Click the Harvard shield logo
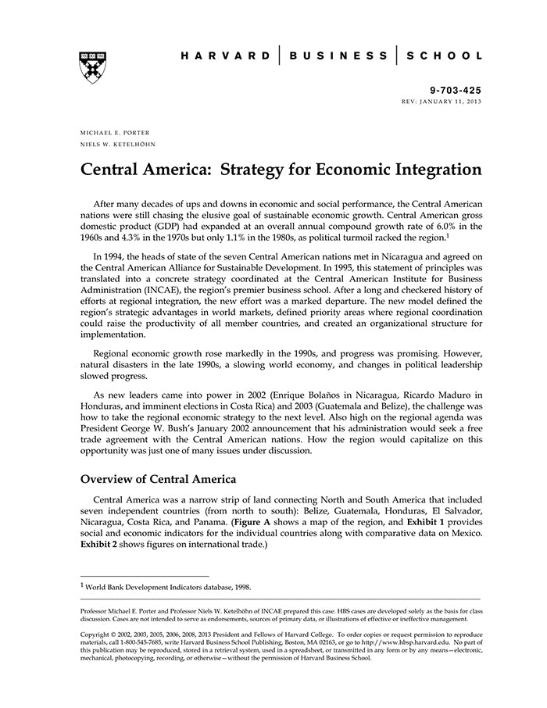92,68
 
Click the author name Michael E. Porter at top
115,132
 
